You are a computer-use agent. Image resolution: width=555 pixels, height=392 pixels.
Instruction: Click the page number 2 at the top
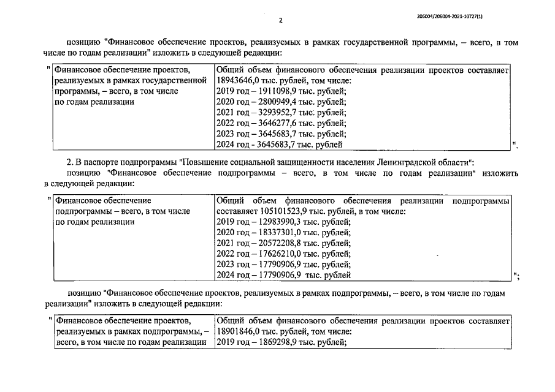coord(280,20)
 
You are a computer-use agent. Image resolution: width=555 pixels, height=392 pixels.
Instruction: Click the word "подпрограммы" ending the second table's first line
coord(480,200)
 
